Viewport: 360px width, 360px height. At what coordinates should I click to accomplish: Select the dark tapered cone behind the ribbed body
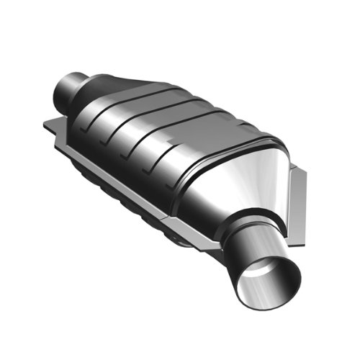pyautogui.click(x=108, y=86)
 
